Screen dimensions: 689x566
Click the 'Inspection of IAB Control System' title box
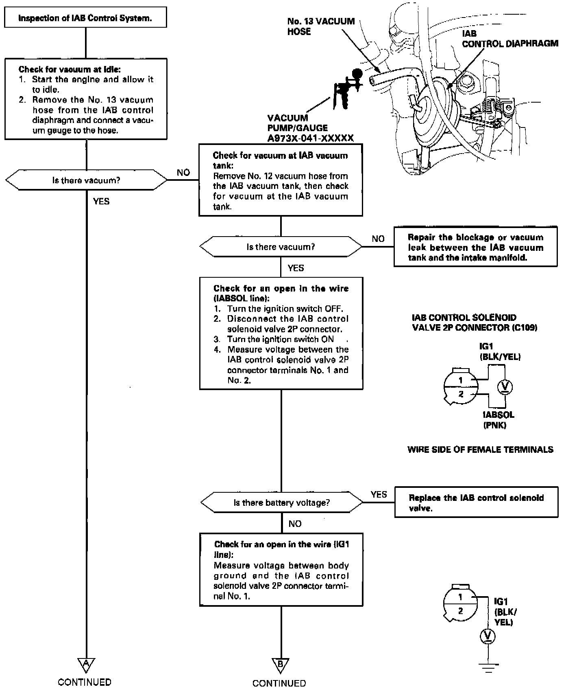click(85, 18)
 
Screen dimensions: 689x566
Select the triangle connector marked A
click(86, 665)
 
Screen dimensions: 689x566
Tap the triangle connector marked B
click(281, 665)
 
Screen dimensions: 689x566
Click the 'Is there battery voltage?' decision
click(281, 502)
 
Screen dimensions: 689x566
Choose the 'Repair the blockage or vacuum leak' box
click(475, 248)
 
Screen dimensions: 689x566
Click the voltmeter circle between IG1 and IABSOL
click(505, 386)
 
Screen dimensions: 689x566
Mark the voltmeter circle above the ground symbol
click(487, 636)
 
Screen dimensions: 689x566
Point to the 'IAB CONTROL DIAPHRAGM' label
click(510, 39)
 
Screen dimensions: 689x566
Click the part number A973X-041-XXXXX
click(310, 138)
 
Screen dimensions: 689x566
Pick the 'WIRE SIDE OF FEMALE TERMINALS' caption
click(480, 450)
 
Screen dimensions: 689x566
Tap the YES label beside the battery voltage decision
click(379, 494)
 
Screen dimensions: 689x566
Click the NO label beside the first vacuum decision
click(183, 173)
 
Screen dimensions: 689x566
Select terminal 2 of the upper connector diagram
click(461, 394)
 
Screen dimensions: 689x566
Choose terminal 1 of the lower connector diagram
click(460, 597)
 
